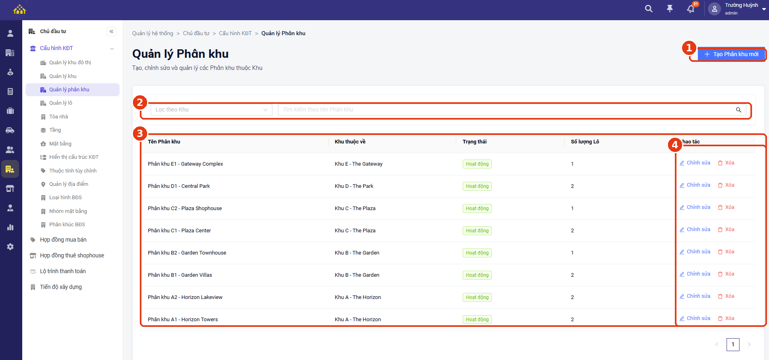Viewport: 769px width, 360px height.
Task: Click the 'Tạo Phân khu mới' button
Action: click(x=731, y=54)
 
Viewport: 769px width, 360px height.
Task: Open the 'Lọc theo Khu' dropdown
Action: click(x=211, y=109)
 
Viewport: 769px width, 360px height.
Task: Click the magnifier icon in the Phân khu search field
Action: click(x=738, y=110)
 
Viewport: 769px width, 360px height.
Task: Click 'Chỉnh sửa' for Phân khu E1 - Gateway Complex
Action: click(x=695, y=163)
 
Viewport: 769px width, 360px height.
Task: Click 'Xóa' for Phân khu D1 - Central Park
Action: click(x=726, y=185)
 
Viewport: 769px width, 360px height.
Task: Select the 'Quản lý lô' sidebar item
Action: click(x=61, y=103)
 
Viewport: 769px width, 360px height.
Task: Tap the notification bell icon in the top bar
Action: click(x=691, y=9)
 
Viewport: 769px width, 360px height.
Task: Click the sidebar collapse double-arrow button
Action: click(x=112, y=32)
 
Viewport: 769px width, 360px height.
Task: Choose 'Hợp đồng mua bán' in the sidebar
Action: click(x=63, y=240)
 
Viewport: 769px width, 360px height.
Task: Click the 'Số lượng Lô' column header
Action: click(x=585, y=142)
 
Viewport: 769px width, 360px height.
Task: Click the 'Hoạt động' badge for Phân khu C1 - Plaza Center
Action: click(x=477, y=231)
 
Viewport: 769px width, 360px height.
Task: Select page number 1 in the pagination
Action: click(x=733, y=344)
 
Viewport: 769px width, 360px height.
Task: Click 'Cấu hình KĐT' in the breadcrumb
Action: click(x=235, y=33)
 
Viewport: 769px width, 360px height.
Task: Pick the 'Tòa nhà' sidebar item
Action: click(x=59, y=117)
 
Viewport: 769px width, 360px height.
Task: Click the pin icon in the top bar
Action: click(x=670, y=8)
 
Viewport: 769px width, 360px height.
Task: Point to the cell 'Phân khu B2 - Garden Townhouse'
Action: click(x=187, y=253)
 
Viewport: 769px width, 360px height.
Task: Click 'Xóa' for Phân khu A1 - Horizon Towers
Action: click(x=726, y=318)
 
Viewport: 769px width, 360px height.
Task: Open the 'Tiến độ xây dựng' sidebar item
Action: click(x=61, y=287)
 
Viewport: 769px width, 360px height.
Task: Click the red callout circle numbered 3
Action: click(x=140, y=133)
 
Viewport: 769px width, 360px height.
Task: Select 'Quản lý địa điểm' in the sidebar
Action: click(x=69, y=184)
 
